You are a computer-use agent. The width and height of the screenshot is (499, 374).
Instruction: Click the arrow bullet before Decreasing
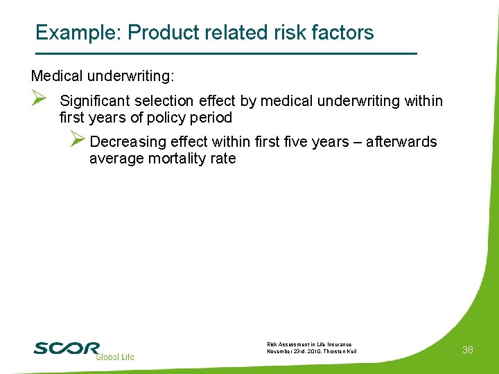point(78,141)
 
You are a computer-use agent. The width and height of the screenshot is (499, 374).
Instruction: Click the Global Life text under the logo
point(114,357)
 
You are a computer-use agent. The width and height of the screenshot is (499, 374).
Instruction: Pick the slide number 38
point(468,350)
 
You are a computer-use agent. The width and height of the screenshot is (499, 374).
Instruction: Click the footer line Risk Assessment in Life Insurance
point(309,344)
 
